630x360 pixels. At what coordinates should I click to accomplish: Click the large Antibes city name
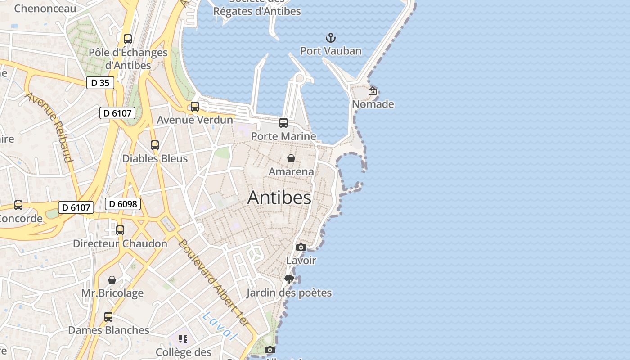279,198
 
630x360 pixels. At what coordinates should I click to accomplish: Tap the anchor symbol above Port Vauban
331,37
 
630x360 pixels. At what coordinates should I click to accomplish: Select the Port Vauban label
331,51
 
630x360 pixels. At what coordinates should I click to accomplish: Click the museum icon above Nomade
373,91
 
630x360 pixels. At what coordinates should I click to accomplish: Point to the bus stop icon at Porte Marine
283,122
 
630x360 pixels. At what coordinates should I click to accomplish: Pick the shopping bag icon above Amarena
291,158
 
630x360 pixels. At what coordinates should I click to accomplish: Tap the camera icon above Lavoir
301,247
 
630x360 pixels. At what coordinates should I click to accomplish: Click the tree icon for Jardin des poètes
289,279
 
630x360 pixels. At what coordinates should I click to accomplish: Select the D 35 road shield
100,83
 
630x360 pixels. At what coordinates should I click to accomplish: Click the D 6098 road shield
123,204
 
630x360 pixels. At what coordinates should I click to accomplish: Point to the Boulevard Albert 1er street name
213,283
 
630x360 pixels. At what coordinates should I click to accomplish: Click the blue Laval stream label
219,326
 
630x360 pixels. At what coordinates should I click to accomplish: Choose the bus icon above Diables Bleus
155,145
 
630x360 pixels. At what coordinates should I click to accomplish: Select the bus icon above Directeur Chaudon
120,230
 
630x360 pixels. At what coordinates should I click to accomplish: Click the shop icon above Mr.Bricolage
112,280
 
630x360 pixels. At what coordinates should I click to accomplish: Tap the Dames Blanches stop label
108,330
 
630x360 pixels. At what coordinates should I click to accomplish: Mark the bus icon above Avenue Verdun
195,107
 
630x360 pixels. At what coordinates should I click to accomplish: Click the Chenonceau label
45,9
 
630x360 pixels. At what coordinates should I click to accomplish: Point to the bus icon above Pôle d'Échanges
128,39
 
